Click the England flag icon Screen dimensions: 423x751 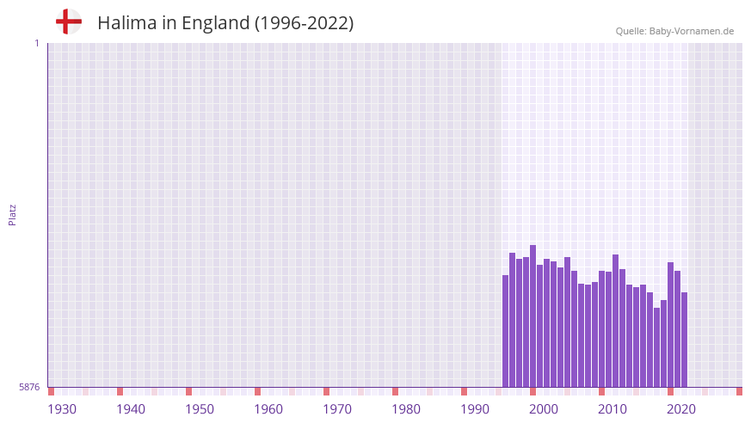coord(69,21)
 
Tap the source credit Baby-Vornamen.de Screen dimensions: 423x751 coord(674,31)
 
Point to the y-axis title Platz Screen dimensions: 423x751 coord(12,215)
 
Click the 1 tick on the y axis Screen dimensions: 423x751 coord(37,43)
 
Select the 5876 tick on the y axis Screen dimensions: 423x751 coord(29,388)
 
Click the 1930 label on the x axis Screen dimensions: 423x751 coord(62,409)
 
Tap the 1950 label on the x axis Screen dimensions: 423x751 coord(200,409)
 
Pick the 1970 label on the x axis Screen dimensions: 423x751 coord(337,409)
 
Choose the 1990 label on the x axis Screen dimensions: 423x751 coord(475,409)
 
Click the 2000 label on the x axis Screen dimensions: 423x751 coord(544,409)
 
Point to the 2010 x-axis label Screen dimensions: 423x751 coord(612,409)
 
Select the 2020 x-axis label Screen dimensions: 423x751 coord(681,409)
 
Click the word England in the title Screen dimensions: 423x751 coord(214,23)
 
